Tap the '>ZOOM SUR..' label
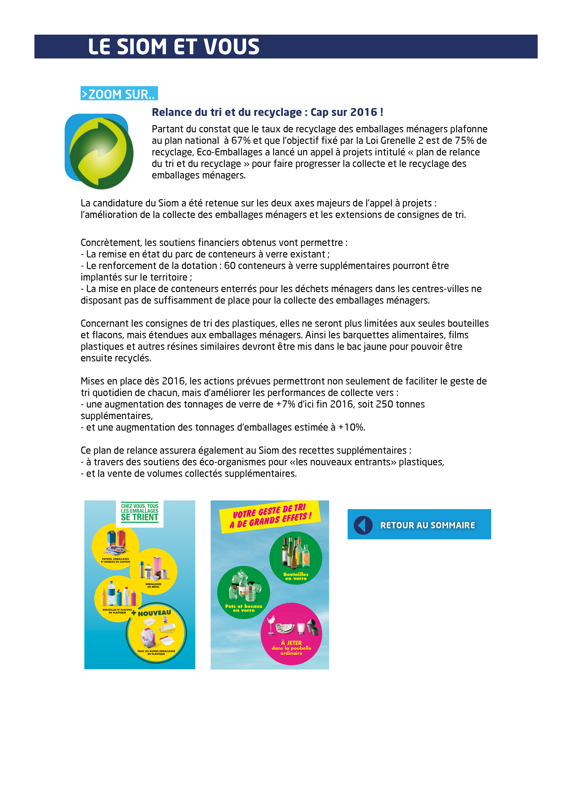click(119, 94)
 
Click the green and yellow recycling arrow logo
click(100, 151)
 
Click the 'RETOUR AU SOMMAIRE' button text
click(427, 525)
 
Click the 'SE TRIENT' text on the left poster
click(140, 517)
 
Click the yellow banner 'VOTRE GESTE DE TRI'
click(270, 516)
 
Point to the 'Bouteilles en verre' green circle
click(296, 558)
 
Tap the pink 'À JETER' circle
click(291, 634)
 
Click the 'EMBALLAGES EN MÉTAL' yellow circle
click(154, 571)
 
